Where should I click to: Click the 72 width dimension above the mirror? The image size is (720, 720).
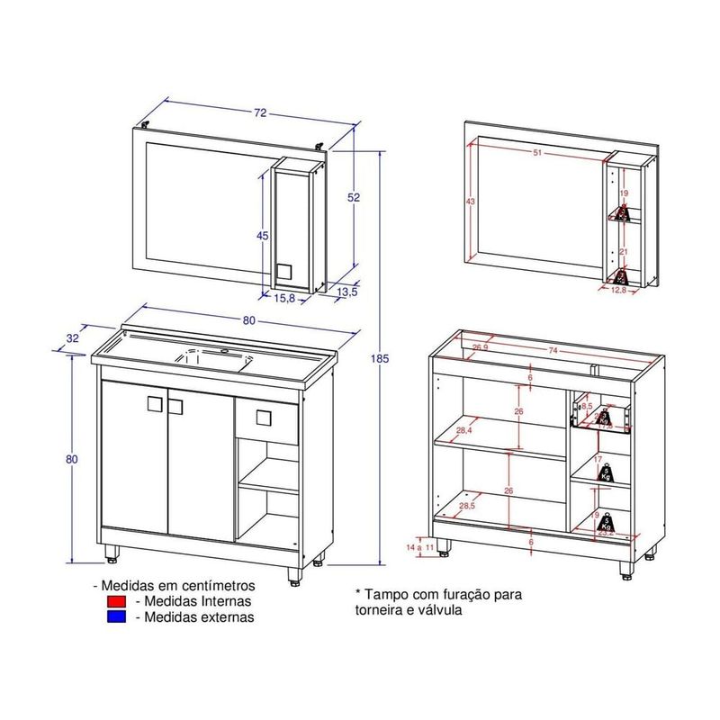[x=260, y=114]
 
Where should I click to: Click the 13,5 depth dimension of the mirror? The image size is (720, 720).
[x=348, y=292]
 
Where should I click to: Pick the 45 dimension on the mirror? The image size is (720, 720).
[x=263, y=236]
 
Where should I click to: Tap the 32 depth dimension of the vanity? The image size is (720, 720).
[x=72, y=338]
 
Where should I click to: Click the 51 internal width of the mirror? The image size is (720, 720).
[x=537, y=153]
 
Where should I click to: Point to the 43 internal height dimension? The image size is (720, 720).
[x=471, y=201]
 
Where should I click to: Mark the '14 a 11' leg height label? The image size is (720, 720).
[x=420, y=547]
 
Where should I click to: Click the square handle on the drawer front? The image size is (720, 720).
[x=263, y=418]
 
